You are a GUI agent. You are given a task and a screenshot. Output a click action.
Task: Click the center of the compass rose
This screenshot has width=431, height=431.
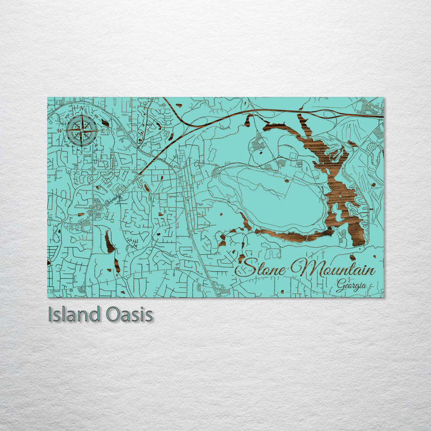point(82,130)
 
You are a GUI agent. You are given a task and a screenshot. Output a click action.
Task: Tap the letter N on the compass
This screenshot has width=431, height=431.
point(82,108)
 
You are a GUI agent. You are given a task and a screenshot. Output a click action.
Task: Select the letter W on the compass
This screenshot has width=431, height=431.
point(60,130)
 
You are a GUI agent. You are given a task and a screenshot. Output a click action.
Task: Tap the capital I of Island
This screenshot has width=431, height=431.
point(50,315)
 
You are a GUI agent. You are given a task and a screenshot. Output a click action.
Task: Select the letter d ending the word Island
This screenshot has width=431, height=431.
point(99,315)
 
